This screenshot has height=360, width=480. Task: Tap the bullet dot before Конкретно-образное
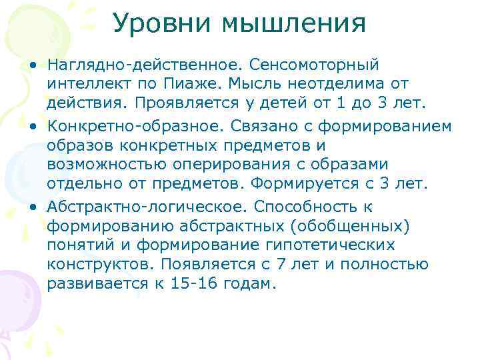33,126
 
